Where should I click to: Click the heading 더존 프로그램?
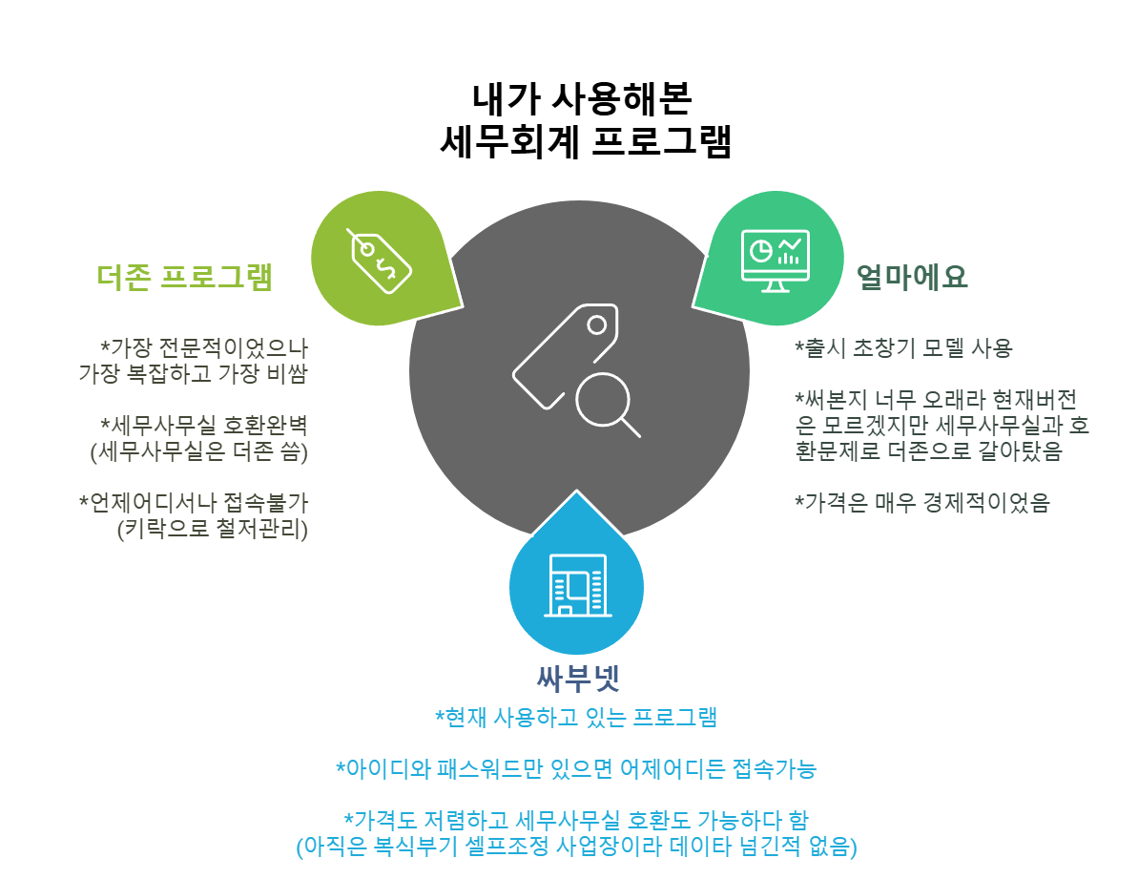pyautogui.click(x=185, y=277)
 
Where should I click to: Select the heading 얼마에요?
pyautogui.click(x=912, y=277)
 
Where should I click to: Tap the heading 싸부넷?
pyautogui.click(x=578, y=679)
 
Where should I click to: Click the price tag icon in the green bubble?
pyautogui.click(x=379, y=258)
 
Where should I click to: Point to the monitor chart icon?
pyautogui.click(x=775, y=260)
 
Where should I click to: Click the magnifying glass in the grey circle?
pyautogui.click(x=608, y=403)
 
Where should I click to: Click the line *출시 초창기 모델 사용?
pyautogui.click(x=902, y=347)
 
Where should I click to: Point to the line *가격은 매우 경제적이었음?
pyautogui.click(x=921, y=503)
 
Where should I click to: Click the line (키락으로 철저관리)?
pyautogui.click(x=212, y=530)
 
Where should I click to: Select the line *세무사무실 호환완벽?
pyautogui.click(x=203, y=425)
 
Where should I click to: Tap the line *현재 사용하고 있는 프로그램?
pyautogui.click(x=576, y=717)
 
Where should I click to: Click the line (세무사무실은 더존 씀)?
pyautogui.click(x=198, y=451)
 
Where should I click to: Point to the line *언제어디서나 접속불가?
pyautogui.click(x=193, y=503)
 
